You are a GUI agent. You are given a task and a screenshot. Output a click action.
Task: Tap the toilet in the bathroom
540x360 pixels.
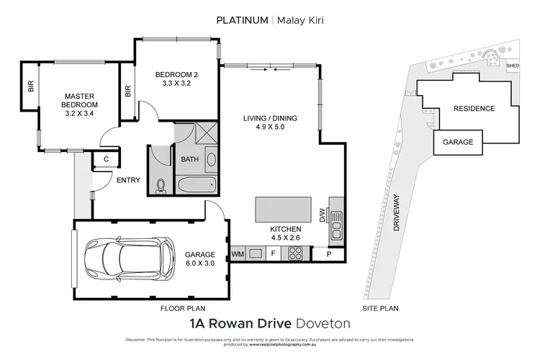click(x=161, y=186)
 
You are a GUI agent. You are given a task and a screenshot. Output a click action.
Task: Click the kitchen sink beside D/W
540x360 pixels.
click(x=336, y=224)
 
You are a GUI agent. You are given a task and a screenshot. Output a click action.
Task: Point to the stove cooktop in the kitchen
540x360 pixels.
click(x=294, y=253)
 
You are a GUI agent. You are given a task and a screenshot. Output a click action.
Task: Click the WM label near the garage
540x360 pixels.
click(x=238, y=253)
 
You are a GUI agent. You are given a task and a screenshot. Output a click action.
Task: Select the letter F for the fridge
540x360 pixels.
click(x=273, y=253)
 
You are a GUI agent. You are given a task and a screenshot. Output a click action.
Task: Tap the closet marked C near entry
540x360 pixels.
click(x=106, y=159)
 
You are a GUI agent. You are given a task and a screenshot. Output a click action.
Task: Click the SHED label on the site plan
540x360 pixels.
click(x=513, y=66)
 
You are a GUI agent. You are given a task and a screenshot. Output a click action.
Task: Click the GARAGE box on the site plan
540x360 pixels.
click(x=458, y=142)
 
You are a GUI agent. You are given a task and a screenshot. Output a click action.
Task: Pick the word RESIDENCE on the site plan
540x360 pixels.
click(x=474, y=109)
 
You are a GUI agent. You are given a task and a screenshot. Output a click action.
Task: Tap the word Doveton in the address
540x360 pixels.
click(x=323, y=324)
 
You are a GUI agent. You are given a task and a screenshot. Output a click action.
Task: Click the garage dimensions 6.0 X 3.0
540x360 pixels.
click(x=200, y=264)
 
